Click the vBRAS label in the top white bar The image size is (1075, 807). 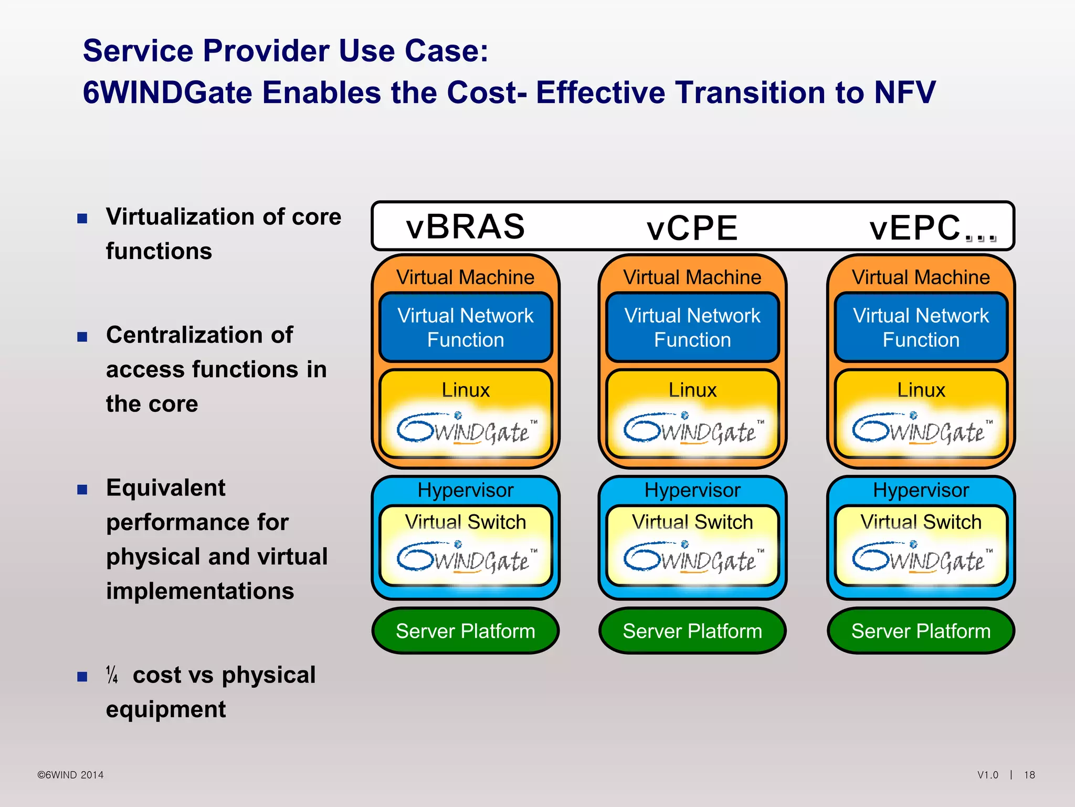[x=465, y=227]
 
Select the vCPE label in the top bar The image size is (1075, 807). [x=692, y=228]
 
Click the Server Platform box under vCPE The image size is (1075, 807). [x=692, y=630]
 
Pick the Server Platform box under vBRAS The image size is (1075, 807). [x=465, y=630]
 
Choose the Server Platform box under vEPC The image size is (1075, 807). [x=921, y=630]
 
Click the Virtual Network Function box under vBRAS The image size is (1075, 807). [x=465, y=327]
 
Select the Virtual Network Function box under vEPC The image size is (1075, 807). [x=921, y=327]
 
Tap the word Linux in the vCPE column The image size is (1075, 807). [x=692, y=390]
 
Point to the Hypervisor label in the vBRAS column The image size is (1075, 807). [x=465, y=490]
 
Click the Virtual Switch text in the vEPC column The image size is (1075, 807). [x=921, y=522]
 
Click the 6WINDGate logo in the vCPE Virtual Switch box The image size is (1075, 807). [x=692, y=558]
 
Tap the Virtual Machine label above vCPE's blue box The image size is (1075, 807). [x=692, y=277]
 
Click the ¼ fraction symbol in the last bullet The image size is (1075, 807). [x=112, y=675]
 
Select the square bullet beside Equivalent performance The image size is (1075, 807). [x=82, y=490]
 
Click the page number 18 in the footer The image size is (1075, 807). [x=1029, y=775]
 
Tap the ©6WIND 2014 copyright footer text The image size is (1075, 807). [x=70, y=775]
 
